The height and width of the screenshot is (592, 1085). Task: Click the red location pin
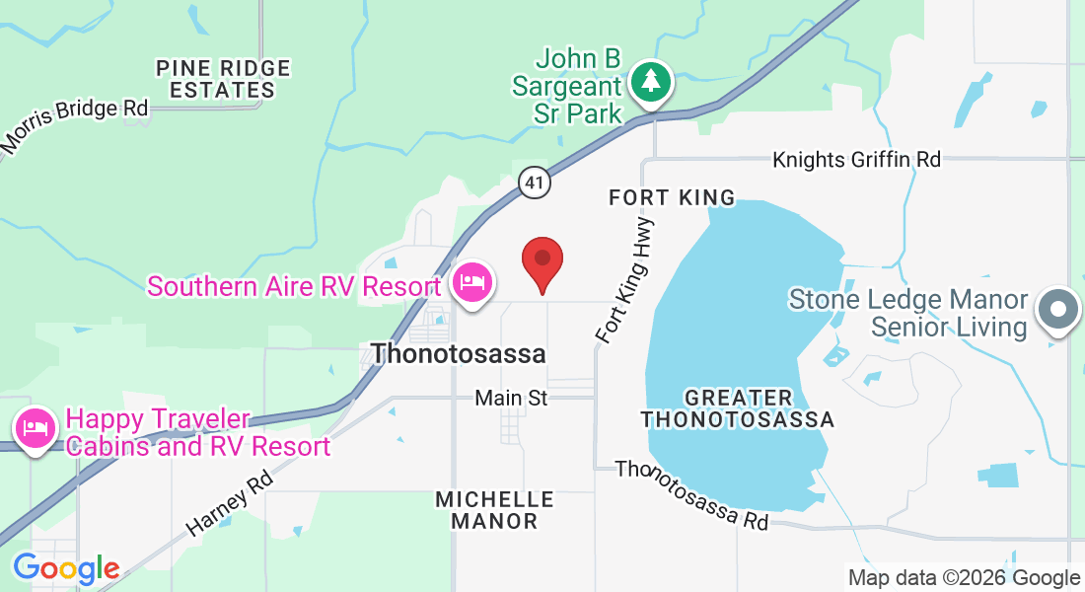542,261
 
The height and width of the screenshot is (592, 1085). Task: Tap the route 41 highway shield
534,182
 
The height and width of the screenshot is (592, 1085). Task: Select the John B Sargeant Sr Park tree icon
650,82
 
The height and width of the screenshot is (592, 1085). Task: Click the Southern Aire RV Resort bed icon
472,283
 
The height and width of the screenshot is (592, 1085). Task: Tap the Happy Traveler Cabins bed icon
36,429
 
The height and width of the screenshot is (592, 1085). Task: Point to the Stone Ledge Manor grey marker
1058,310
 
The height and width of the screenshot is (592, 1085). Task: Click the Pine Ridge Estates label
224,79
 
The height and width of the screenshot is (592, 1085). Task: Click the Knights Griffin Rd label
856,158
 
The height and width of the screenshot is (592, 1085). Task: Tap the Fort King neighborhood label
672,197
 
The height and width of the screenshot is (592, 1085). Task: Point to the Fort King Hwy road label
625,281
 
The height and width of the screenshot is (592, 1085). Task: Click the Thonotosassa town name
458,352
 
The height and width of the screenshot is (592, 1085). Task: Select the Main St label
510,398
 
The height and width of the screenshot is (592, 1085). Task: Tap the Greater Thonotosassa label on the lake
738,408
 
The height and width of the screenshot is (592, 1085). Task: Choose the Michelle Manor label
494,509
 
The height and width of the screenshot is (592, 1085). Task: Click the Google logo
66,568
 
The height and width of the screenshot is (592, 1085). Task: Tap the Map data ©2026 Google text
964,578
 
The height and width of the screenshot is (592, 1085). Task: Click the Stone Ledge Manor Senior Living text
908,312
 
